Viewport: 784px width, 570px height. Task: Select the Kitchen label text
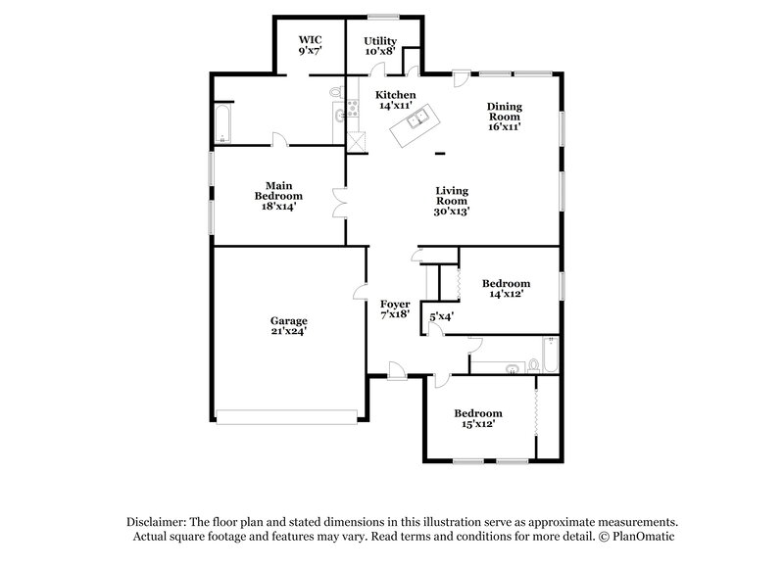(397, 95)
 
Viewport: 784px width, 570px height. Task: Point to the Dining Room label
(506, 116)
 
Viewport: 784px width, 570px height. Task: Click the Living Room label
(453, 200)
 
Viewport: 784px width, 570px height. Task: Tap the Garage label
(289, 320)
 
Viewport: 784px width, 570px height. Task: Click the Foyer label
(394, 304)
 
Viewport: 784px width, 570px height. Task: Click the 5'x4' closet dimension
(440, 317)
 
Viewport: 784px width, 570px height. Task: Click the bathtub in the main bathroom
(223, 125)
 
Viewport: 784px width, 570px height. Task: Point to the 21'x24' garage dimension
(289, 331)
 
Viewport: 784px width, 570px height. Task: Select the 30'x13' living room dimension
(453, 212)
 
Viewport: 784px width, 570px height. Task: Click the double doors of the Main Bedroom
(339, 204)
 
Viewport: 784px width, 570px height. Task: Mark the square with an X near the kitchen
(357, 140)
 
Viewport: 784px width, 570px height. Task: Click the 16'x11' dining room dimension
(506, 126)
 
